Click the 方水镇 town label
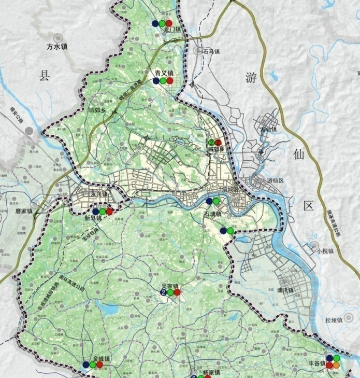click(57, 46)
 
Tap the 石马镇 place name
click(211, 52)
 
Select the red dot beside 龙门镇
click(169, 23)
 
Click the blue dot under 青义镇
click(155, 81)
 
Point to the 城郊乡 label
click(97, 110)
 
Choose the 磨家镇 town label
click(24, 211)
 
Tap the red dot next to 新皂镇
click(109, 212)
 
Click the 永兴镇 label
click(98, 194)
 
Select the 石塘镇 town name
click(213, 214)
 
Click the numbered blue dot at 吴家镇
click(164, 292)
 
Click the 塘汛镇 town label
click(285, 290)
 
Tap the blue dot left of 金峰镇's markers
click(85, 365)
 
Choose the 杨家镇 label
click(211, 372)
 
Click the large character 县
click(44, 77)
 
